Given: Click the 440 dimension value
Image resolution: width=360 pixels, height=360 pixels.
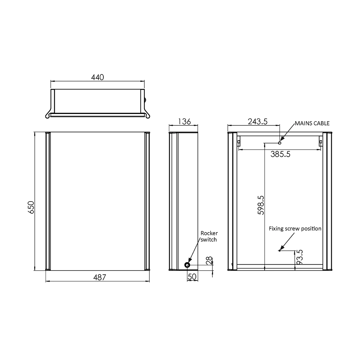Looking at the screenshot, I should [x=97, y=77].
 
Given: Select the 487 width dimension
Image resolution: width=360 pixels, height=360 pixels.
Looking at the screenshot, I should [x=100, y=277].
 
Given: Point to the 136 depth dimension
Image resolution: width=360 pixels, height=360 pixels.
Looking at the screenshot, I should [x=184, y=121].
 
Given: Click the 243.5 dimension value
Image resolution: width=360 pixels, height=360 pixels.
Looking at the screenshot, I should [x=258, y=121].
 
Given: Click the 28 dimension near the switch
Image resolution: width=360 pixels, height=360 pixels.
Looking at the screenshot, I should [x=209, y=261].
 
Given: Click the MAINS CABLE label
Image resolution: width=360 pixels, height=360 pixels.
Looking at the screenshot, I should [x=312, y=123].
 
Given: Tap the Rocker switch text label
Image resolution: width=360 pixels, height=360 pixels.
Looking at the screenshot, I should [x=209, y=236].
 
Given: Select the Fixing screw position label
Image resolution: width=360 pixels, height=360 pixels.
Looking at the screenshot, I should [x=295, y=229].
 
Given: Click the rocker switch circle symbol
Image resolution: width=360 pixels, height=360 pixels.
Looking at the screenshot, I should [x=187, y=265].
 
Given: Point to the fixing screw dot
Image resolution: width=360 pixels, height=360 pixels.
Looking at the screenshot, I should [x=279, y=250].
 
